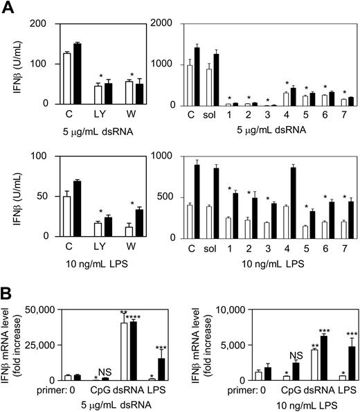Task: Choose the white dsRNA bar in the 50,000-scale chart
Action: pyautogui.click(x=124, y=351)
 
